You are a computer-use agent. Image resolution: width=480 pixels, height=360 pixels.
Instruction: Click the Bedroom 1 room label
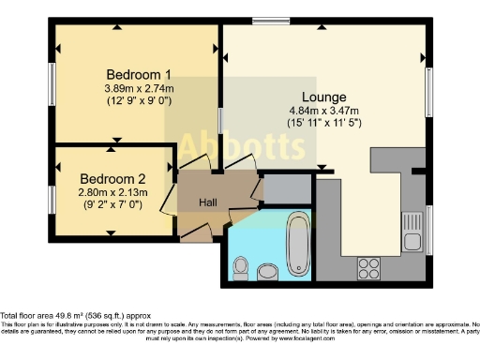point(138,75)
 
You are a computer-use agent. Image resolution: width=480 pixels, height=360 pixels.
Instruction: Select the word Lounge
point(324,97)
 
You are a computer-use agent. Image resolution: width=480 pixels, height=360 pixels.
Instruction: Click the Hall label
point(207,202)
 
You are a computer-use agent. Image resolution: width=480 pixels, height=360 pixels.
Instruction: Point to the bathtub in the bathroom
point(299,244)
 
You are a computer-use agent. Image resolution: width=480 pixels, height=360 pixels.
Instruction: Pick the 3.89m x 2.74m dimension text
point(139,89)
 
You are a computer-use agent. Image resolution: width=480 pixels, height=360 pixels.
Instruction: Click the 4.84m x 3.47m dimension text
point(324,110)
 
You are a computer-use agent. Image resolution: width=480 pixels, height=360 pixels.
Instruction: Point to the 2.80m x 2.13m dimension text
point(112,192)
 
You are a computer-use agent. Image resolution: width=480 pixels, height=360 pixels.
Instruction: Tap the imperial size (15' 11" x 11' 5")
point(324,122)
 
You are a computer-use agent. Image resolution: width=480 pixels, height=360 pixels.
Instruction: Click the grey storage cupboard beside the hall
point(287,188)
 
